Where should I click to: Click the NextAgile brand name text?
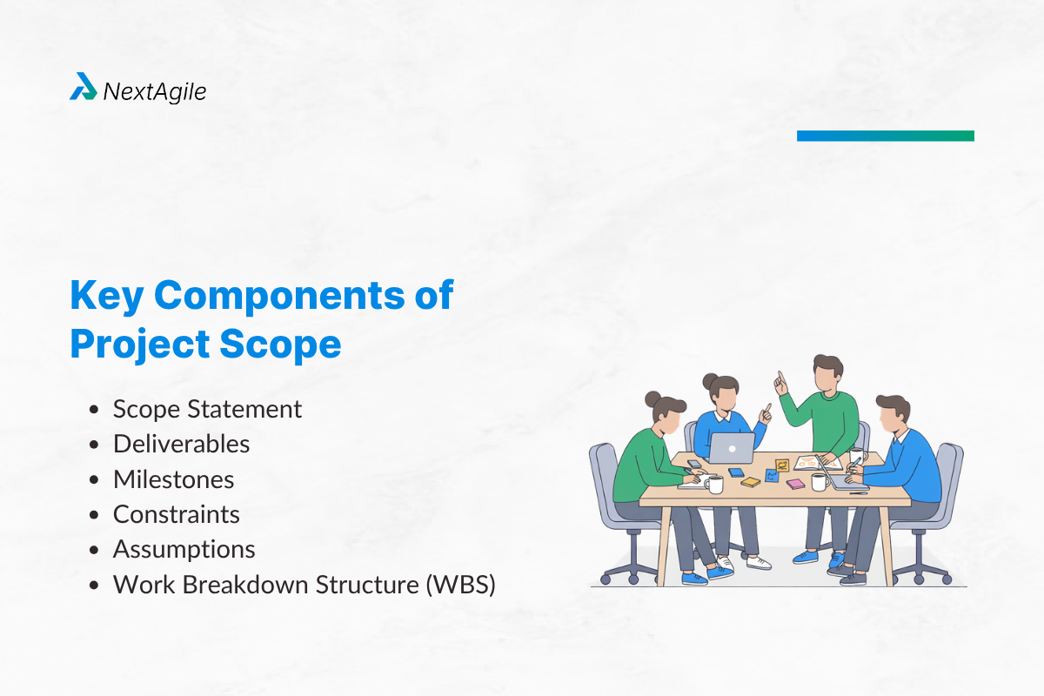154,90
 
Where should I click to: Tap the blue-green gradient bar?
885,136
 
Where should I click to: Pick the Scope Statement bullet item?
207,409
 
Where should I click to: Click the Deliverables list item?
181,444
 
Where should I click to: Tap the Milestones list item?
173,479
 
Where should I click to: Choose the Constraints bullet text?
176,514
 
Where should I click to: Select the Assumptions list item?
184,549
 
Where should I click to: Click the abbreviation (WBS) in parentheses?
460,585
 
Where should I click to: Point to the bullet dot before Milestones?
94,480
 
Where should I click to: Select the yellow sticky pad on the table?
750,482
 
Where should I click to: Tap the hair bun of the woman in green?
652,399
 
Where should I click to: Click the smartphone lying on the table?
694,464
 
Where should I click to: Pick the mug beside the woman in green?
714,483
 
